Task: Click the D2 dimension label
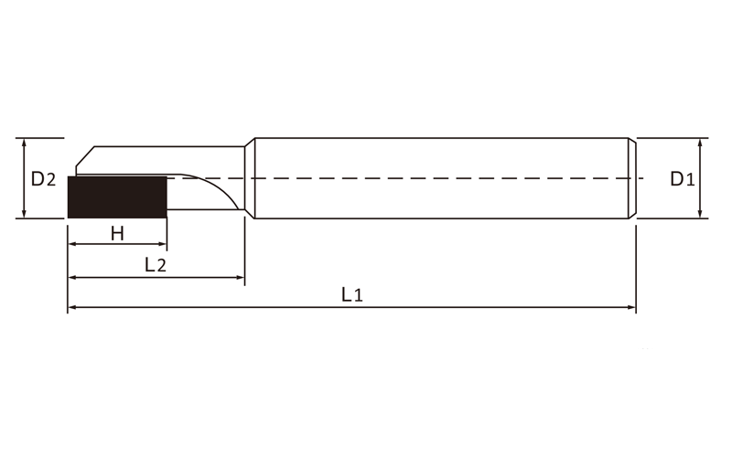pyautogui.click(x=43, y=178)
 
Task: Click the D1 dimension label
pyautogui.click(x=683, y=178)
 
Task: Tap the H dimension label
pyautogui.click(x=118, y=233)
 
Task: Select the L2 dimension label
pyautogui.click(x=156, y=265)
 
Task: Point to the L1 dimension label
pyautogui.click(x=352, y=294)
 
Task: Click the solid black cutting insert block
pyautogui.click(x=118, y=197)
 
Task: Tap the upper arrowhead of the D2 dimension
pyautogui.click(x=25, y=143)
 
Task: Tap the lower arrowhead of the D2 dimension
pyautogui.click(x=25, y=214)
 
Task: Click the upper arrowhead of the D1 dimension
pyautogui.click(x=700, y=143)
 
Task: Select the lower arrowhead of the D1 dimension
pyautogui.click(x=700, y=214)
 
